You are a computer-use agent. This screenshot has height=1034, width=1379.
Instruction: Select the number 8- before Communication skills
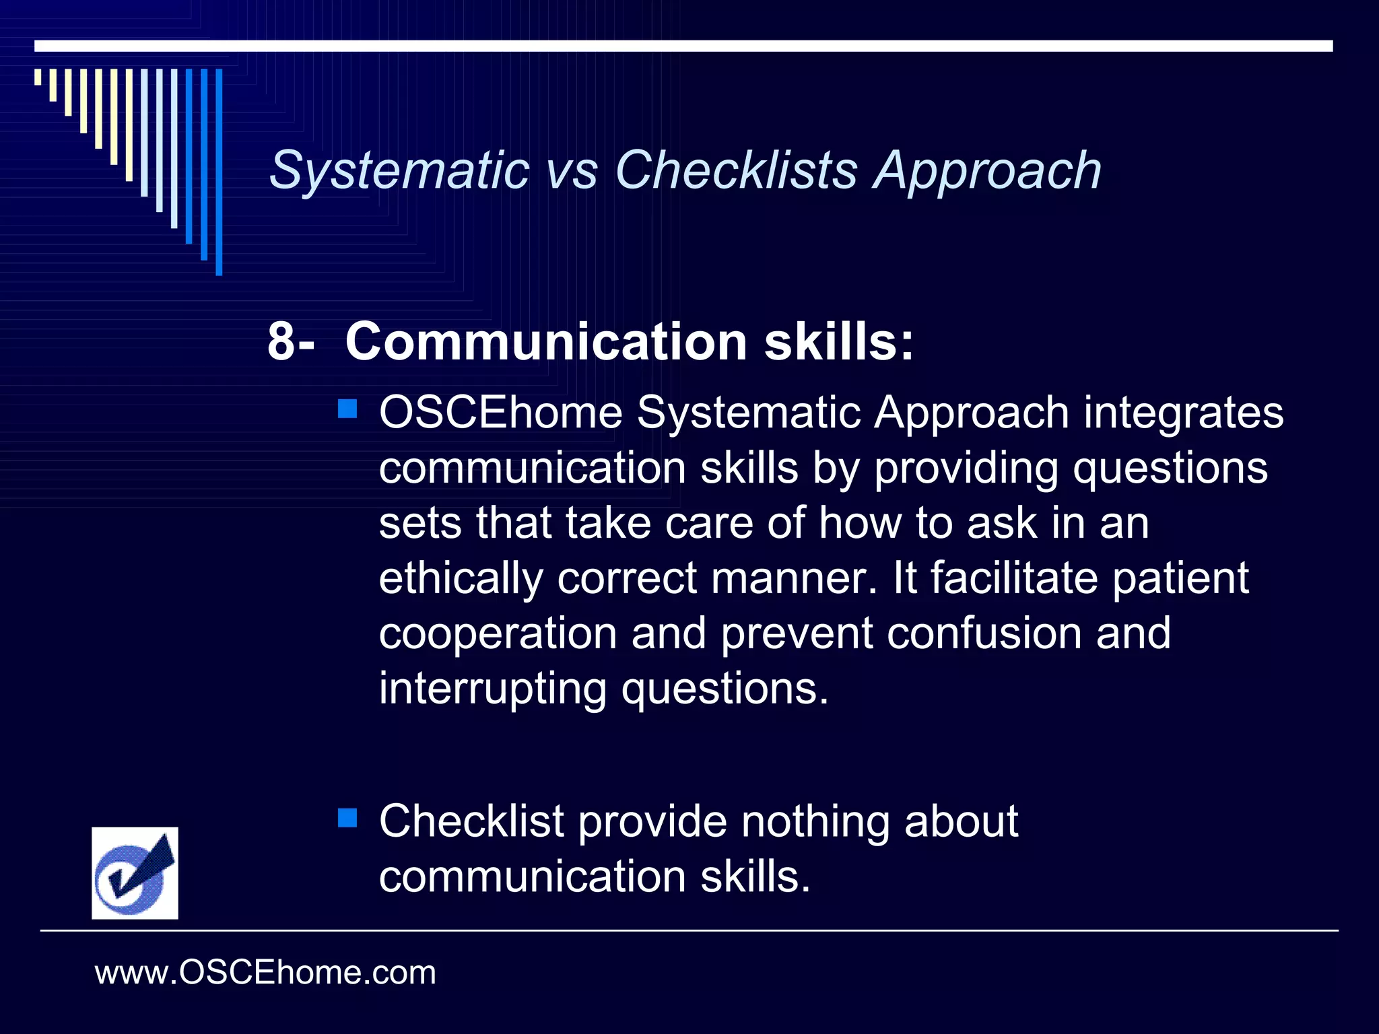[291, 341]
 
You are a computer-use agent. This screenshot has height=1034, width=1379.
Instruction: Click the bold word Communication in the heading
[546, 341]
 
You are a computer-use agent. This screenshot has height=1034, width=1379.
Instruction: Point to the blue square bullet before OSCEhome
[347, 409]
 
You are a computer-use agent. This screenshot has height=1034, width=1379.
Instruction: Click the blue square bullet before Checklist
[347, 818]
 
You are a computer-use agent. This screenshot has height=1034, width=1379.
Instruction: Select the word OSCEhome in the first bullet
[500, 413]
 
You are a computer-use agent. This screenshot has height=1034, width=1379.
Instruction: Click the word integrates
[1183, 413]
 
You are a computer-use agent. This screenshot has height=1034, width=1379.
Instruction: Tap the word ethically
[461, 578]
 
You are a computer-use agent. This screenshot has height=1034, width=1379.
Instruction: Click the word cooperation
[498, 633]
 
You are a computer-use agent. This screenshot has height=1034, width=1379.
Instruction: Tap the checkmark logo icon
[135, 873]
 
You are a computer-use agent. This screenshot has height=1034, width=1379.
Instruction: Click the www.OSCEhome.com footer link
[265, 973]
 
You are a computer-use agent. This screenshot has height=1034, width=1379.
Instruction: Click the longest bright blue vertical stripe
[219, 172]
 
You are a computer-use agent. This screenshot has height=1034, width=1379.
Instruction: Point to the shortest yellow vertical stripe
[38, 77]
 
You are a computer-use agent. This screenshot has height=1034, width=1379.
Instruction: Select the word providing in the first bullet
[966, 468]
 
